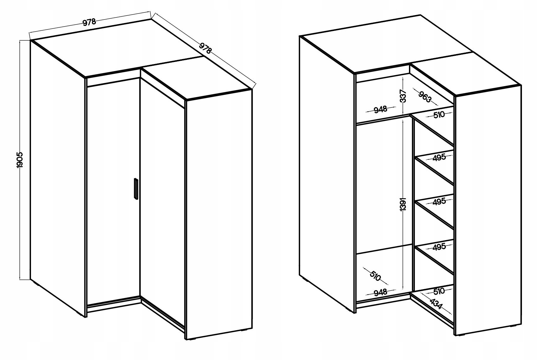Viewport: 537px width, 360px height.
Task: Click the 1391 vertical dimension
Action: [404, 204]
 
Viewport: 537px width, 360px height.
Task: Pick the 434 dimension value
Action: [436, 304]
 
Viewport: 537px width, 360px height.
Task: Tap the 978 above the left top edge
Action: [89, 22]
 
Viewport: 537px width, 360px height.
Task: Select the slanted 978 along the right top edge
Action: [206, 48]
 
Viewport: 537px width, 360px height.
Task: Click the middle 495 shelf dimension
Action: [439, 202]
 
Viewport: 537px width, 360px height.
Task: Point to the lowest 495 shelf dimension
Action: [439, 247]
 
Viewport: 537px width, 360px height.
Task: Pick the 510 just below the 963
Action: [439, 114]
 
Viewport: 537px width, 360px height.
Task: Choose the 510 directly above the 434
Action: [439, 291]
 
